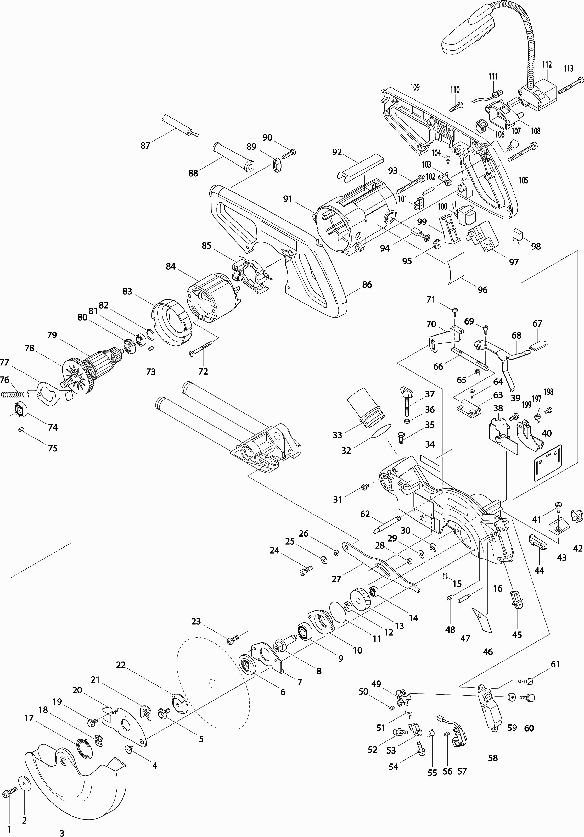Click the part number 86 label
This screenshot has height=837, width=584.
coord(367,285)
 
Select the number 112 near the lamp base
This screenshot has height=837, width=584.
coord(547,65)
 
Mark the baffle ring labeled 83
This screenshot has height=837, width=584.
coord(171,322)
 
